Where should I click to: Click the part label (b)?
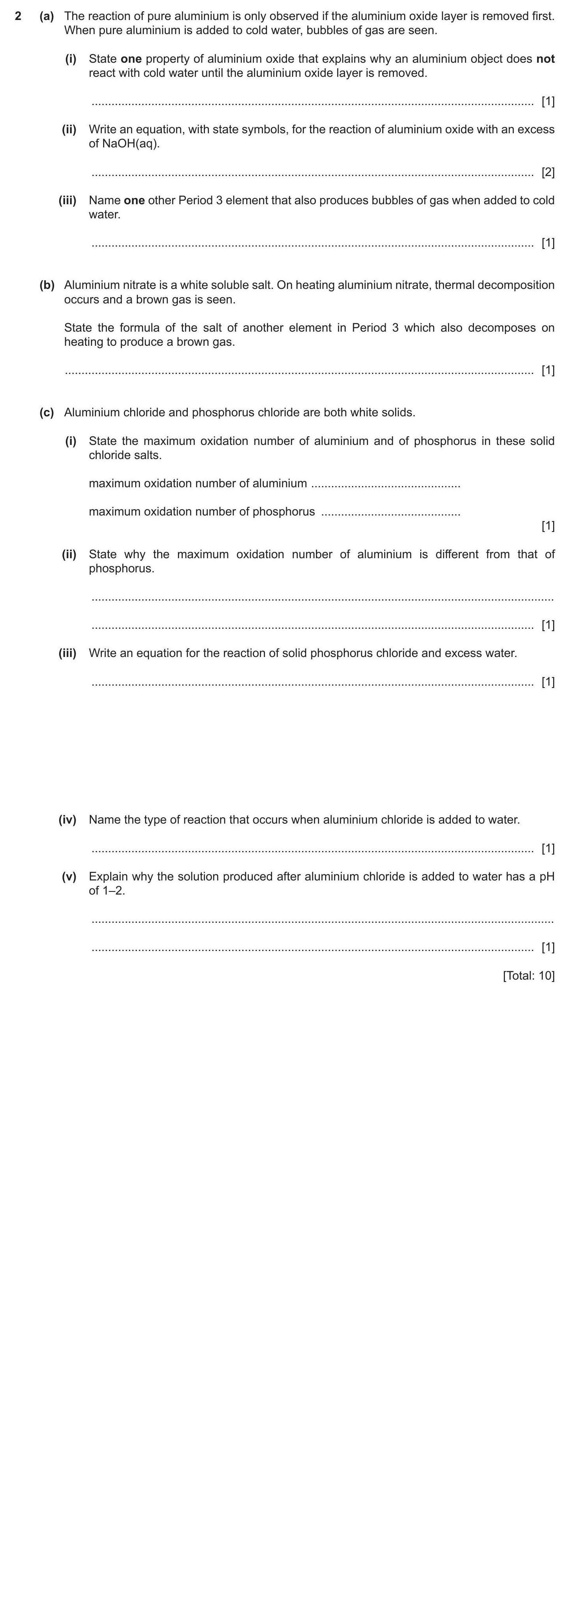(x=47, y=285)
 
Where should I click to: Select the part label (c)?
(x=47, y=413)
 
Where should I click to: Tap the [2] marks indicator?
(x=547, y=172)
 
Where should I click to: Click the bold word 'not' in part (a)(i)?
(x=545, y=59)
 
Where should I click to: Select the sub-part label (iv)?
(x=67, y=820)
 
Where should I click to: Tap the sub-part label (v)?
(x=69, y=877)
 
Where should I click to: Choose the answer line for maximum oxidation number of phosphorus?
(x=390, y=512)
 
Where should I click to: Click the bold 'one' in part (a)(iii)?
(x=134, y=200)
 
